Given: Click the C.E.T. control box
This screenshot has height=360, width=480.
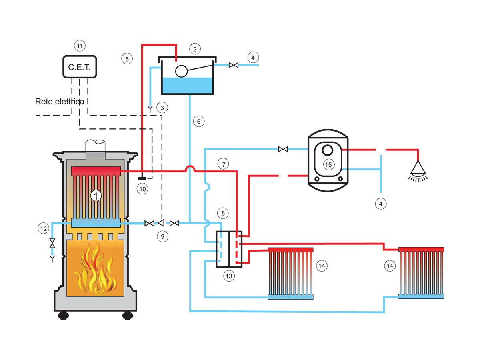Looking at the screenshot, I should [x=80, y=67].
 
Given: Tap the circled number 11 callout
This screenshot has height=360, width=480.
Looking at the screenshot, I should [x=80, y=46].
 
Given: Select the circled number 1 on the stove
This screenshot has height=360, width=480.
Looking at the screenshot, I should [x=95, y=195].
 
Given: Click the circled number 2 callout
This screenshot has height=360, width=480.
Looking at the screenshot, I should [x=194, y=49].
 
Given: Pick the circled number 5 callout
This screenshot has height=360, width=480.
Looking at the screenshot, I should [x=127, y=59].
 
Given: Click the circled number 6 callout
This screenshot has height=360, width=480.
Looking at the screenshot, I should [x=198, y=121].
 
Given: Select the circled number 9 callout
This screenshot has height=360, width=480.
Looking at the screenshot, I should [x=162, y=236].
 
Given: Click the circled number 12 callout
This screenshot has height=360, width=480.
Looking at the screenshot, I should [x=43, y=229].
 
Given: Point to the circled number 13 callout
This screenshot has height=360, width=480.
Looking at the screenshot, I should [x=228, y=276].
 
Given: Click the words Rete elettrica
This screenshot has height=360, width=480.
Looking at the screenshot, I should [x=59, y=102].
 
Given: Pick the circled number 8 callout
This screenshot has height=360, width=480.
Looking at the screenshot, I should [x=223, y=212].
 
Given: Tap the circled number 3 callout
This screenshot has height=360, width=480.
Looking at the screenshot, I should [x=162, y=107].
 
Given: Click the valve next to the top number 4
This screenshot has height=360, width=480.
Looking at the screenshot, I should [x=233, y=65].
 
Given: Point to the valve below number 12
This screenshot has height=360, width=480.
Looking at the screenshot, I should [x=52, y=242].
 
